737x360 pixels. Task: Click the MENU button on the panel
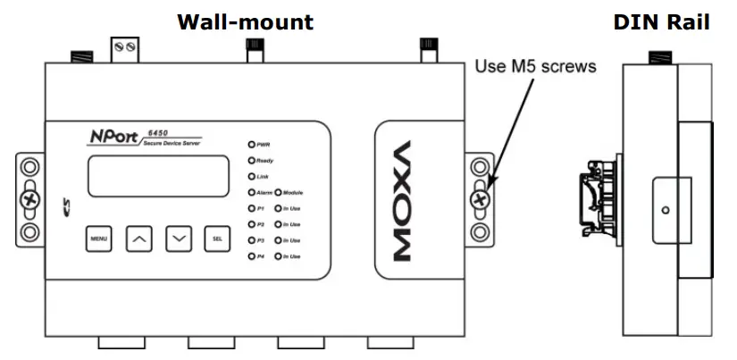(98, 239)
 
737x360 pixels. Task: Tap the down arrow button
(180, 239)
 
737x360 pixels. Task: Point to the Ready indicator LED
(253, 161)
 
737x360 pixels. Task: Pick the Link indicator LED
(253, 177)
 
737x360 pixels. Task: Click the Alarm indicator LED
(253, 193)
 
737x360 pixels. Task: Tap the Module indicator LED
(278, 193)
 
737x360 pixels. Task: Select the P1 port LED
(253, 208)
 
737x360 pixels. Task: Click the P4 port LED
(253, 256)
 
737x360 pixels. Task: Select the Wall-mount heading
(245, 21)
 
